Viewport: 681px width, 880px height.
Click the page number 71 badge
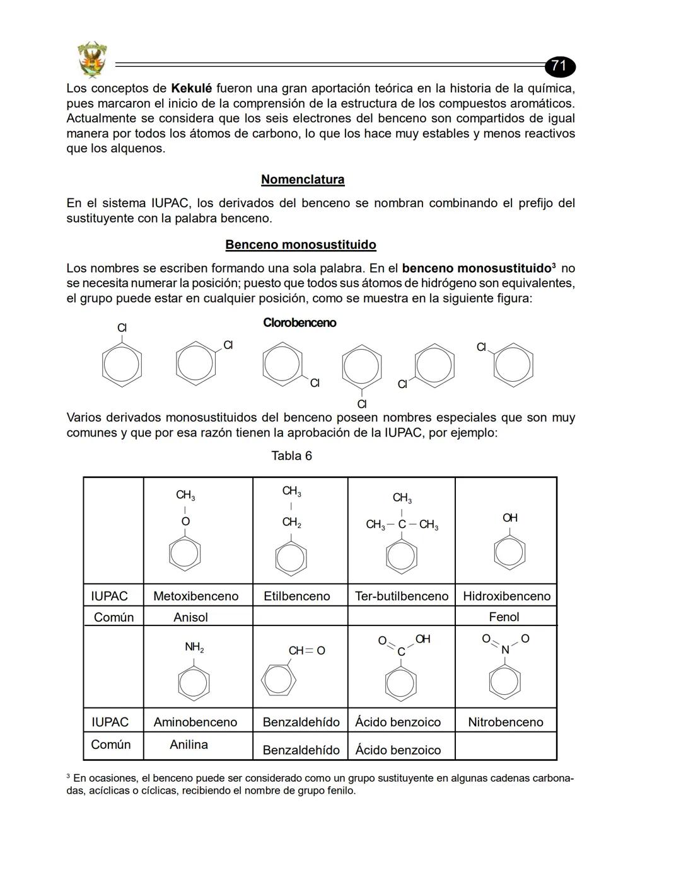(x=559, y=66)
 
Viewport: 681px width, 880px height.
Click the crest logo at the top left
(x=92, y=59)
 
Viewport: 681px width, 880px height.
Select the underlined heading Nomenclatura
(x=303, y=180)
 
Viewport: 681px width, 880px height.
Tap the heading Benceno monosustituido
(x=301, y=244)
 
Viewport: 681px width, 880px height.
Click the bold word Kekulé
(x=191, y=88)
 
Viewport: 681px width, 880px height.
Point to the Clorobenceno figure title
(x=300, y=323)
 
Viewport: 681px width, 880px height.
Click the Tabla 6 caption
(x=291, y=455)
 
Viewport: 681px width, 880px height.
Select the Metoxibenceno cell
(x=196, y=596)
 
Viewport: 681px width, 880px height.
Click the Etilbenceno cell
(x=297, y=596)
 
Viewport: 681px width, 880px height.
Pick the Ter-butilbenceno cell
(x=402, y=596)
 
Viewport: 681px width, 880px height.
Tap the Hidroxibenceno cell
(x=506, y=596)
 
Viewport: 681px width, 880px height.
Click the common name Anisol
(x=190, y=617)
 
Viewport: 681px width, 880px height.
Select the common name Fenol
(x=504, y=617)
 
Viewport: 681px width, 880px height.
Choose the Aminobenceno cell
(x=195, y=722)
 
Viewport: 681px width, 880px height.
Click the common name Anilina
(x=189, y=745)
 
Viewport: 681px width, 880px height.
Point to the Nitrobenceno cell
(x=505, y=722)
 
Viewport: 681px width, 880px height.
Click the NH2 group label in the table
(x=194, y=647)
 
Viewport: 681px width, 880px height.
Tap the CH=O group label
(x=306, y=651)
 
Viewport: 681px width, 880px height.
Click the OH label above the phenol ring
(x=510, y=518)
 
